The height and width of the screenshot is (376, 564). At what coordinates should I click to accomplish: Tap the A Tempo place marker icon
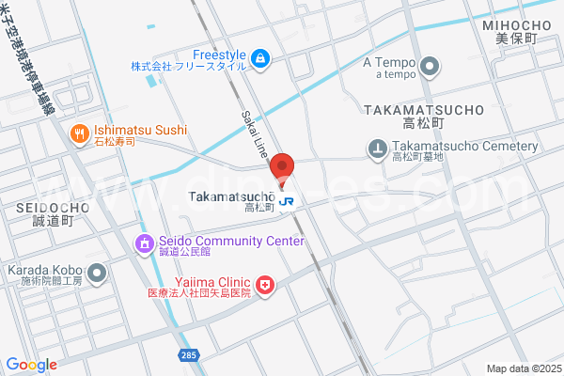tap(430, 65)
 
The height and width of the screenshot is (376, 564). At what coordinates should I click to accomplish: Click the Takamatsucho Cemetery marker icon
tap(377, 148)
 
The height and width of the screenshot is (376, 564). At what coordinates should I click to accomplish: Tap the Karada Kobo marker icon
tap(98, 273)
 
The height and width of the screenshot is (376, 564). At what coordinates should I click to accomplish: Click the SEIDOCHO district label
tap(53, 207)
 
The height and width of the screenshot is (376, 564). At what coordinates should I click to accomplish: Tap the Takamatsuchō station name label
tap(231, 196)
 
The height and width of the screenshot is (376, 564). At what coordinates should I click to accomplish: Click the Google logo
tap(31, 364)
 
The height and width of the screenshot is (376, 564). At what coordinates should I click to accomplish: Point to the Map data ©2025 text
tap(523, 368)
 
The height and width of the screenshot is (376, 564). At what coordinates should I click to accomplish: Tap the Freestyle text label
tap(218, 54)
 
